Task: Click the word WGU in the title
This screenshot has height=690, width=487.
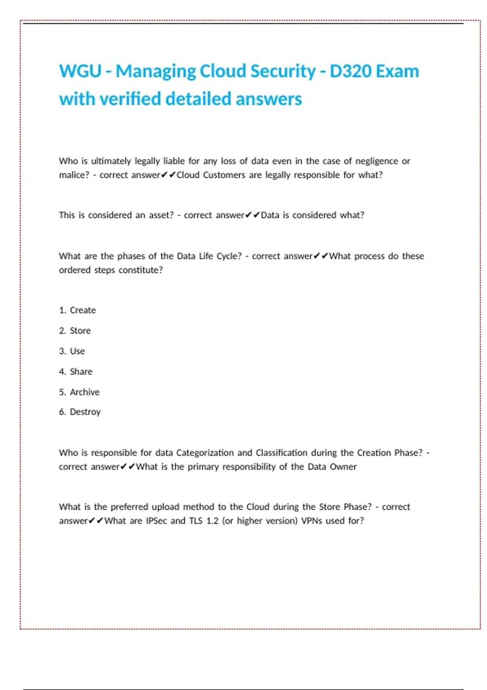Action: [80, 71]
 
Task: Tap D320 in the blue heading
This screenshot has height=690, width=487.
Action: [349, 71]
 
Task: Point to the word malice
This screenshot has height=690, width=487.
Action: [73, 175]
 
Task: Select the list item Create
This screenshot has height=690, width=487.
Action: [83, 310]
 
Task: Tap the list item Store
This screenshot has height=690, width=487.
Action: [80, 331]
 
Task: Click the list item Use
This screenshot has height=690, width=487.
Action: [78, 351]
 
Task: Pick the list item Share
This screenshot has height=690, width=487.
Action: [81, 372]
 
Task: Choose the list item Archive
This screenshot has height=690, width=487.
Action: [84, 392]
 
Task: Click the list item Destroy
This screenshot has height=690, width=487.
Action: [85, 412]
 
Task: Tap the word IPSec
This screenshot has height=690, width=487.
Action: [156, 521]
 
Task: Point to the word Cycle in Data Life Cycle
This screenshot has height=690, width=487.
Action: [229, 256]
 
